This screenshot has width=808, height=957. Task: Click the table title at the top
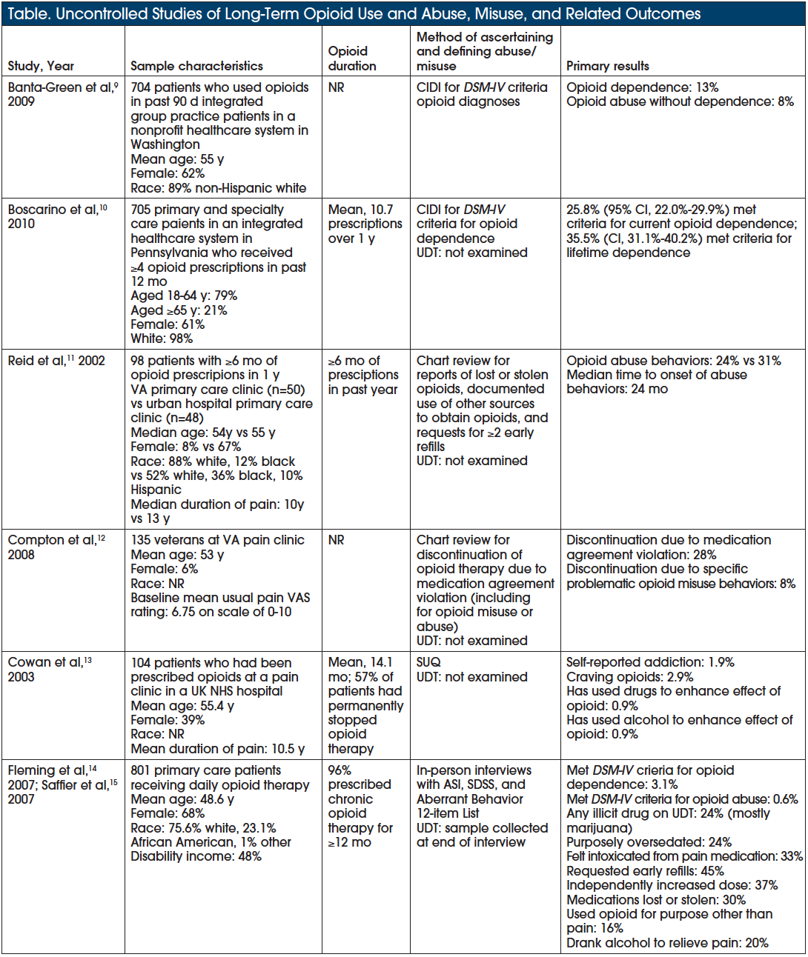click(x=354, y=13)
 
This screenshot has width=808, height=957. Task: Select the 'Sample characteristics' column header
click(x=196, y=66)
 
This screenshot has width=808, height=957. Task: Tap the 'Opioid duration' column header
click(x=352, y=59)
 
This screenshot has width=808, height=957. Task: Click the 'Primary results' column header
click(x=607, y=66)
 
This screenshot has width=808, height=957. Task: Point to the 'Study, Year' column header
click(x=41, y=66)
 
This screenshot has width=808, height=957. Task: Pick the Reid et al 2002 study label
click(x=56, y=361)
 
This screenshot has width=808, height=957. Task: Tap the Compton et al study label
click(x=56, y=547)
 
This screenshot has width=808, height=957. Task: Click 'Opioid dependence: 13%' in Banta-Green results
click(x=642, y=87)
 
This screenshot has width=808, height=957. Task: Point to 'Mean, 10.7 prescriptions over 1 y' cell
click(x=365, y=224)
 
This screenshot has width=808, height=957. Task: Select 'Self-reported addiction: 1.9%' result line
click(x=650, y=662)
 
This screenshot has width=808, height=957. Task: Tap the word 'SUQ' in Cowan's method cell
click(x=428, y=662)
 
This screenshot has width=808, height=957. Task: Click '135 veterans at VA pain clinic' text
click(x=217, y=540)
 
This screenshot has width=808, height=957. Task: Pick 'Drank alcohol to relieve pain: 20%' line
click(x=667, y=943)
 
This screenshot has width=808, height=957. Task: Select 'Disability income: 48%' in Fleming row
click(x=196, y=856)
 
